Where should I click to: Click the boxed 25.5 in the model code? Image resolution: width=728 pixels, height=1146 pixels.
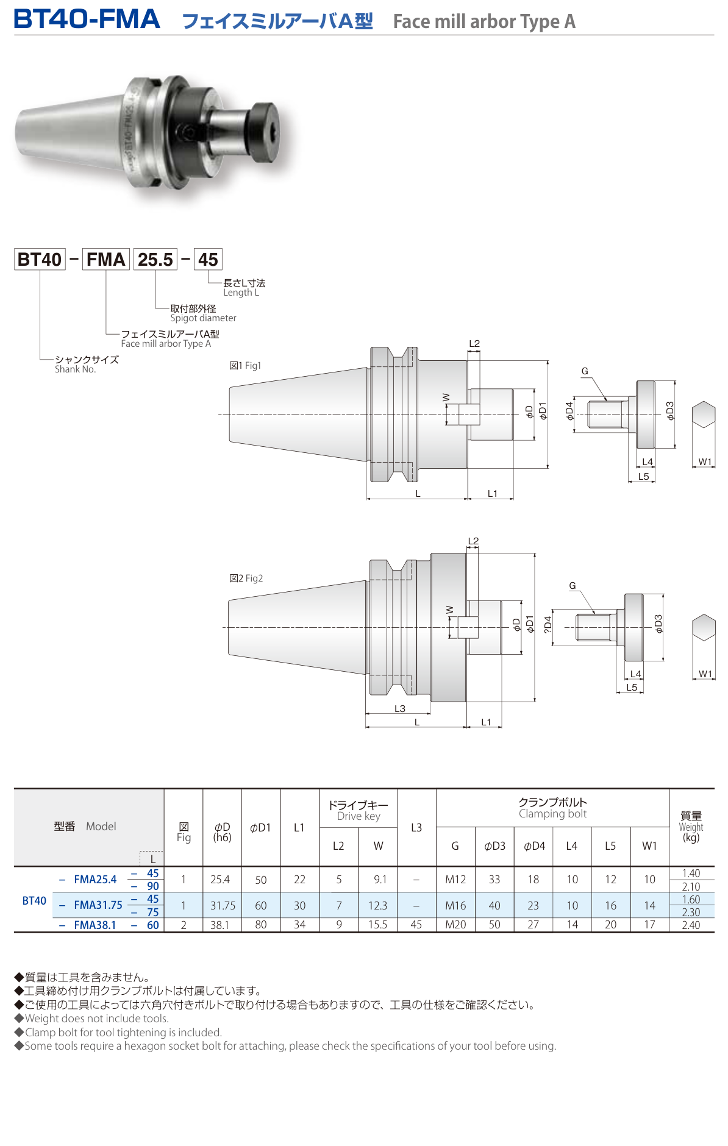(155, 260)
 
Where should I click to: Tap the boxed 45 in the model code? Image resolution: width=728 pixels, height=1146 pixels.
(207, 260)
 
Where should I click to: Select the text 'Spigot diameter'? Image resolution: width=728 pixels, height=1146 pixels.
(203, 318)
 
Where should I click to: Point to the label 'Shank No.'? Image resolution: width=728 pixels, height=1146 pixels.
(75, 369)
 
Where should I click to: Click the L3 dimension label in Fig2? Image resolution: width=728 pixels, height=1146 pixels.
(399, 708)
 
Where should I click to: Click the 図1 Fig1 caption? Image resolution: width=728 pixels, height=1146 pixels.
(245, 366)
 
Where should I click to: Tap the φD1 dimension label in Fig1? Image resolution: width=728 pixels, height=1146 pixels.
(543, 411)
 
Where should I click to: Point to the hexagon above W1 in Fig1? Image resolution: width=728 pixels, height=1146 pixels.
(703, 415)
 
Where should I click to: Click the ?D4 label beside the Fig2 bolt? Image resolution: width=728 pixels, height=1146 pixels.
(548, 625)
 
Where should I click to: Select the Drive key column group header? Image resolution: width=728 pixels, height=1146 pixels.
(358, 810)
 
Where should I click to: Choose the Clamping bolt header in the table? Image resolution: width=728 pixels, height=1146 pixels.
(552, 808)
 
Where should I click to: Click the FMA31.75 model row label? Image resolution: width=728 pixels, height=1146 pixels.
(98, 905)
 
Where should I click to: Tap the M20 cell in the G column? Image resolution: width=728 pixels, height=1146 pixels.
(455, 925)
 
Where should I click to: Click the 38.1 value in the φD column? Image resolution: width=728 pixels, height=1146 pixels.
(219, 925)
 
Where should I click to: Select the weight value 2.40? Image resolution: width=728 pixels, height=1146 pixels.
(691, 925)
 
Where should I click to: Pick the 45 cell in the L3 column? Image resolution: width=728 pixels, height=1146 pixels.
(416, 925)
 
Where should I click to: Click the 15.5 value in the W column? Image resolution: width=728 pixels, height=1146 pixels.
(377, 925)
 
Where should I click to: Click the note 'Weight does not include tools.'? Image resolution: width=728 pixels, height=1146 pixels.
(96, 1018)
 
